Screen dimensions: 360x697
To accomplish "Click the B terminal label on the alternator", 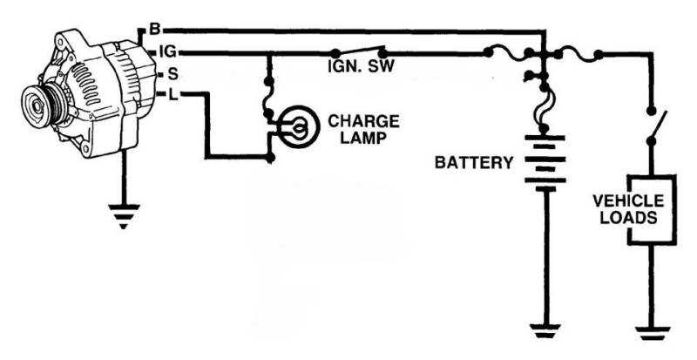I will [154, 29].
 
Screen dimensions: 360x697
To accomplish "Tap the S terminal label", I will [174, 74].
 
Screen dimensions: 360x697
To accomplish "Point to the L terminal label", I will [173, 94].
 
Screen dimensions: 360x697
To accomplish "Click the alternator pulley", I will [37, 105].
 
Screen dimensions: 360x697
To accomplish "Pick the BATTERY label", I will [474, 161].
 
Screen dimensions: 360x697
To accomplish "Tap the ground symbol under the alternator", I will [124, 214].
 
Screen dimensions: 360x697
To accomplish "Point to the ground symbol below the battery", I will [544, 332].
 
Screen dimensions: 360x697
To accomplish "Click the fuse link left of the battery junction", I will [509, 53].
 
